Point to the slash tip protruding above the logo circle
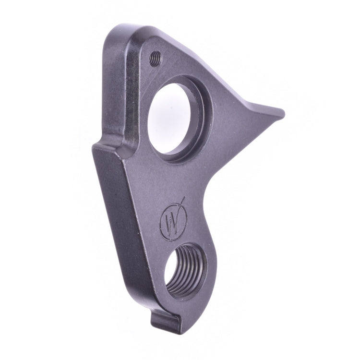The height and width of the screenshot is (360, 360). [182, 198]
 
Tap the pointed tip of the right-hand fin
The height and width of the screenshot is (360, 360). [282, 114]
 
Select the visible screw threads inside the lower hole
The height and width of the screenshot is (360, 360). [190, 269]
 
